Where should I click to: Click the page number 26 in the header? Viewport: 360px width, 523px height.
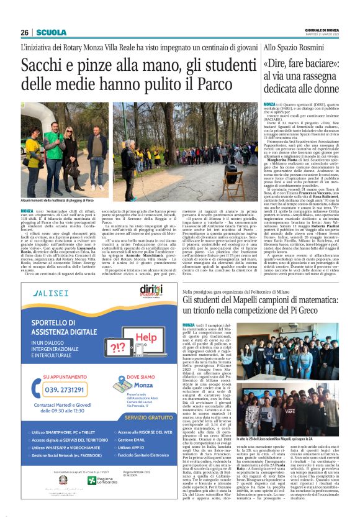tap(25, 32)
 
